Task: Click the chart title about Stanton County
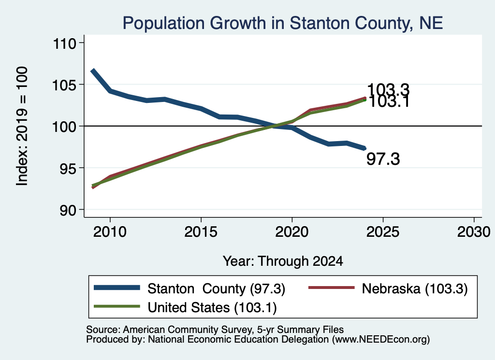(282, 23)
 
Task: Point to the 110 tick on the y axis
(65, 43)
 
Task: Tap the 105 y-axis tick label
(64, 85)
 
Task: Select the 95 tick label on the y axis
(68, 169)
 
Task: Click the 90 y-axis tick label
(68, 210)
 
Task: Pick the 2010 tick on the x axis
(110, 232)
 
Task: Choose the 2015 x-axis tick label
(201, 232)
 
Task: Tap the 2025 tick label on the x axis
(383, 232)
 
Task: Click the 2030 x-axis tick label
(474, 232)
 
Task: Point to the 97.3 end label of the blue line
(383, 158)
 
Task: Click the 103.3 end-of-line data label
(388, 89)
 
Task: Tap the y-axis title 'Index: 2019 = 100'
(22, 126)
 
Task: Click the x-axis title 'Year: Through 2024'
(283, 261)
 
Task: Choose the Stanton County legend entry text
(216, 288)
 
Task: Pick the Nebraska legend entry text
(414, 288)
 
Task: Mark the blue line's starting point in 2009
(92, 71)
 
